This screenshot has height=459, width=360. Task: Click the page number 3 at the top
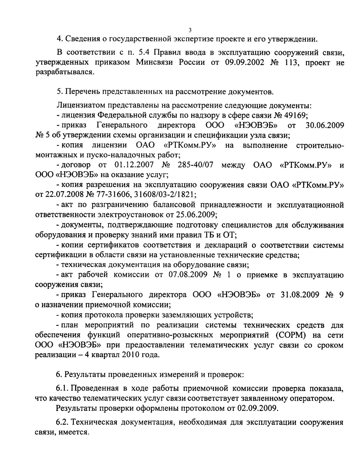click(190, 30)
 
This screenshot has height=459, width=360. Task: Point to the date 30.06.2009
click(325, 125)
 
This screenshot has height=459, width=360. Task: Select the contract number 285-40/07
click(195, 165)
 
